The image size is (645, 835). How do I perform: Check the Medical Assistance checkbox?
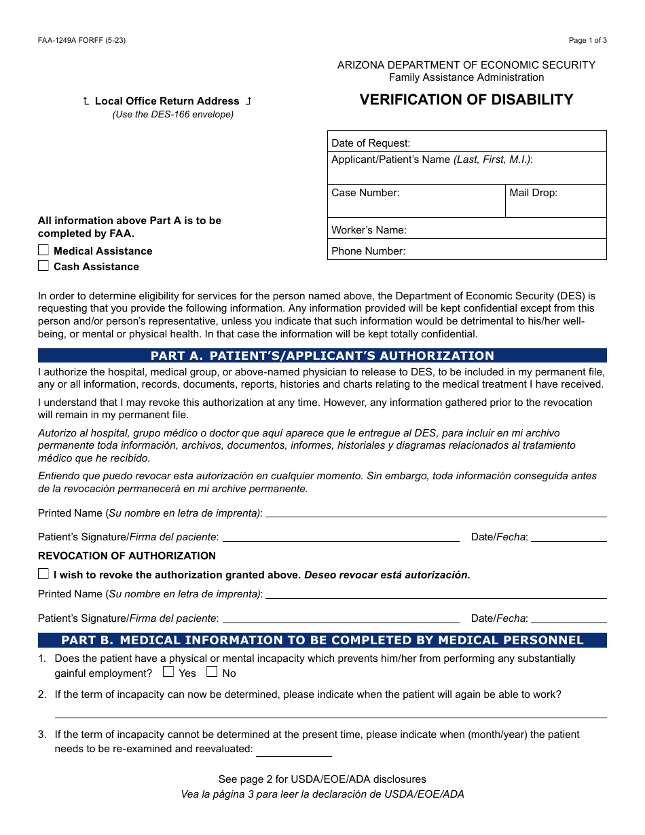[x=43, y=250]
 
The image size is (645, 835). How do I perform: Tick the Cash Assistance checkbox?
[x=43, y=266]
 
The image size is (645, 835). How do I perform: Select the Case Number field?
[x=416, y=202]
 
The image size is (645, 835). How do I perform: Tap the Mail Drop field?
[x=555, y=202]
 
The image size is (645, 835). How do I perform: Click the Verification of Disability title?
[x=466, y=100]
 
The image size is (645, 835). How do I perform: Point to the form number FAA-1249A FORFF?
[x=81, y=40]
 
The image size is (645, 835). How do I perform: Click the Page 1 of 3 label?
[x=587, y=40]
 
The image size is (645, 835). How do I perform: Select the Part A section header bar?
[x=322, y=356]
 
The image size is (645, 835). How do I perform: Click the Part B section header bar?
[x=322, y=640]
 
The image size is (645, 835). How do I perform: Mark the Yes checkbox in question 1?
[x=168, y=672]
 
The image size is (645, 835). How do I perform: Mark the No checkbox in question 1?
[x=212, y=672]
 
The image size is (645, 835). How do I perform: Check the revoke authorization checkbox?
[x=43, y=574]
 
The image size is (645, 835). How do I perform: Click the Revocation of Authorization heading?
[x=127, y=555]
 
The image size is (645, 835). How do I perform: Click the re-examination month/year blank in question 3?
[x=293, y=750]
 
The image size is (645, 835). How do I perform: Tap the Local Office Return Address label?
[x=167, y=101]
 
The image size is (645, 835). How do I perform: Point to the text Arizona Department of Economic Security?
[x=466, y=65]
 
